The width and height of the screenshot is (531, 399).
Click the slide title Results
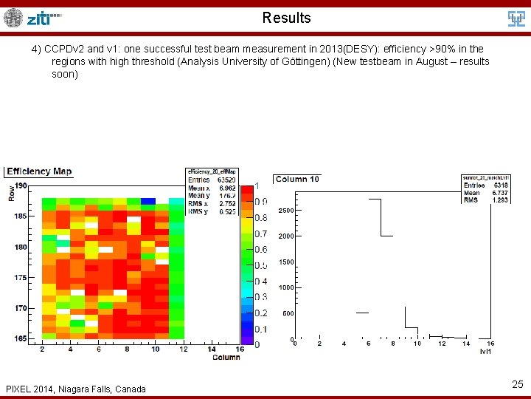(286, 18)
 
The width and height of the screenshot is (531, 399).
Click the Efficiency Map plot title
(39, 171)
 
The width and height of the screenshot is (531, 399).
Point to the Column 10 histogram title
(297, 180)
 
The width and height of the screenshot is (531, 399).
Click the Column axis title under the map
(226, 358)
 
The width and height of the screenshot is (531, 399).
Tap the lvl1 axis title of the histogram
(486, 352)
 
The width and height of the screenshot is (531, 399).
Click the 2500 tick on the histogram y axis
(285, 211)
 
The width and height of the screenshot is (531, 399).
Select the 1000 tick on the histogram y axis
(285, 287)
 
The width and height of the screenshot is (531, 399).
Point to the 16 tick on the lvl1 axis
(490, 344)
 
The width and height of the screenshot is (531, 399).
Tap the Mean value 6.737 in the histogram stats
(499, 193)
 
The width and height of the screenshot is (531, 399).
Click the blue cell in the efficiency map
(147, 201)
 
